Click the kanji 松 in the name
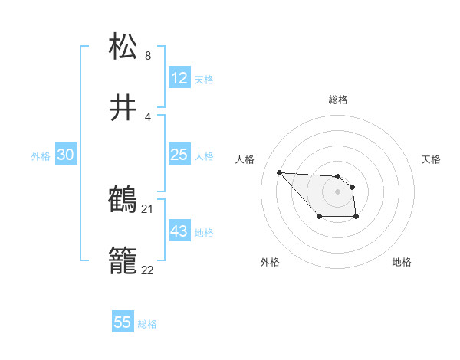point(123,47)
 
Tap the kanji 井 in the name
point(123,108)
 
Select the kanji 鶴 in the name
point(123,200)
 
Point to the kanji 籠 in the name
point(123,261)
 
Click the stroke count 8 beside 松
point(148,56)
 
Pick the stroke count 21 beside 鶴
point(148,208)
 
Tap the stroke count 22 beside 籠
point(148,270)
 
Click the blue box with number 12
point(179,78)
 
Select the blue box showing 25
point(179,155)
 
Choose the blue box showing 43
point(179,231)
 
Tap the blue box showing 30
point(66,155)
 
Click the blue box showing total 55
point(123,322)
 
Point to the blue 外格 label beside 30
point(41,156)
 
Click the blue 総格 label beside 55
point(148,324)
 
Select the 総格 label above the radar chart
point(338,100)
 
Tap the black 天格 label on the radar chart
point(431,159)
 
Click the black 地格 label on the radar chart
point(402,262)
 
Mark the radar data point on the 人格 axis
point(280,172)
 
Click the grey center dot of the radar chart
point(337,191)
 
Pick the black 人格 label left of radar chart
point(245,159)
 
